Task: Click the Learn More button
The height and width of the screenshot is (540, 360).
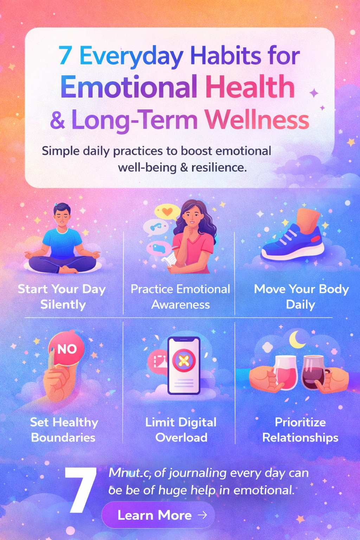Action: pos(158,515)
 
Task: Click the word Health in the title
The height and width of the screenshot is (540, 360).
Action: pos(250,87)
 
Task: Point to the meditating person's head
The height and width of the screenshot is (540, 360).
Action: pos(62,214)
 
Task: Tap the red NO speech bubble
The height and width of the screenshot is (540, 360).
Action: pos(66,349)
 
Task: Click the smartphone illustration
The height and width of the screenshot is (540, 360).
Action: pos(184,366)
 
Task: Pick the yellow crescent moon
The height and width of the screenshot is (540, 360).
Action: pos(297,340)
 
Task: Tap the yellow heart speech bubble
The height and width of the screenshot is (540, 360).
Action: pos(167,212)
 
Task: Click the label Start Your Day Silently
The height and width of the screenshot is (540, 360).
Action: pos(62,296)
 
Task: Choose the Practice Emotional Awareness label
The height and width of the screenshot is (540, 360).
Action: pos(180,296)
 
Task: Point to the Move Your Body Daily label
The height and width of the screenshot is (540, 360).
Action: pos(301,296)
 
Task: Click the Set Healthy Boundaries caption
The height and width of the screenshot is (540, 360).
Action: pos(64,429)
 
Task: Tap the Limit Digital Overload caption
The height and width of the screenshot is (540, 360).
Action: pos(181,429)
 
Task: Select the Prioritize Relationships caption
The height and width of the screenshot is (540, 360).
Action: pos(300,429)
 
